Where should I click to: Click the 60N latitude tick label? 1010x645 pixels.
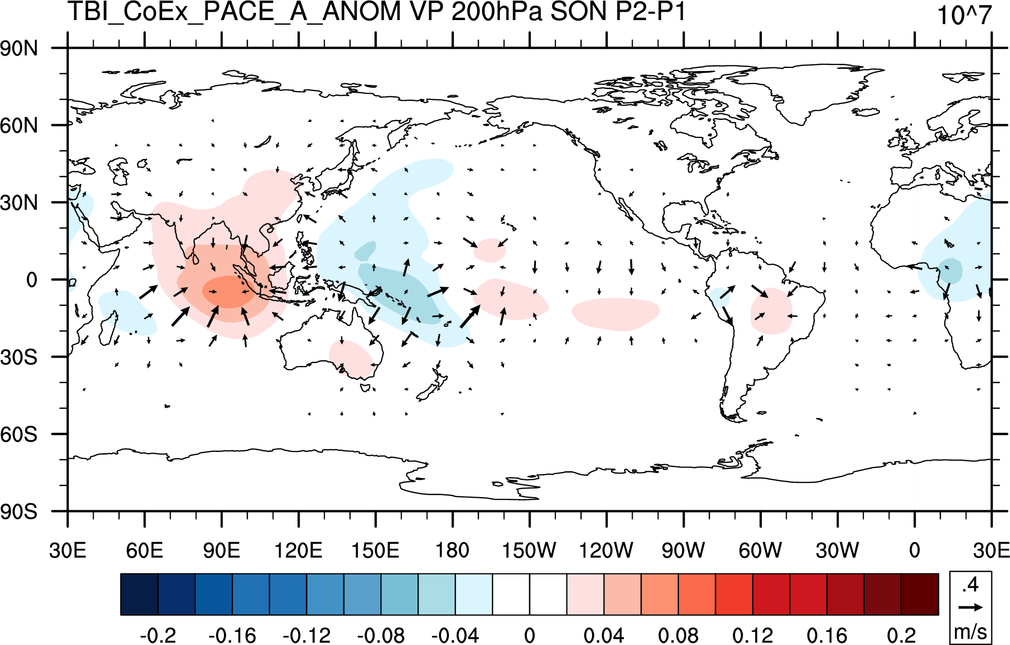pos(19,126)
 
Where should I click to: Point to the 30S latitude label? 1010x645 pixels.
pos(19,357)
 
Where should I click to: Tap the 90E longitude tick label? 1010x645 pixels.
pos(221,551)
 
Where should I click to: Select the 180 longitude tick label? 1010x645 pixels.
pos(452,551)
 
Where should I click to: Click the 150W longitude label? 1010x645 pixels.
pos(529,551)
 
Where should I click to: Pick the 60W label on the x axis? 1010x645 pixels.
pos(760,551)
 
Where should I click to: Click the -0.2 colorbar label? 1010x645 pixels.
pos(158,635)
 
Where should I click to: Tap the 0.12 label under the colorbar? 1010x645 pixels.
pos(753,635)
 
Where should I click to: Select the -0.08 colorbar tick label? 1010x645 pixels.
pos(381,635)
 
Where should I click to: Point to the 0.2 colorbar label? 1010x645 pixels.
pos(901,635)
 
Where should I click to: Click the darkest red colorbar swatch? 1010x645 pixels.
pos(920,594)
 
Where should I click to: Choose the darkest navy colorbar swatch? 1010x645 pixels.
pos(139,594)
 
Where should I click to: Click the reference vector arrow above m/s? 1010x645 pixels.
pos(970,607)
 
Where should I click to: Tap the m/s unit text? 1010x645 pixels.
pos(970,632)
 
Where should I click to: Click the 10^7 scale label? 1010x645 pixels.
pos(964,15)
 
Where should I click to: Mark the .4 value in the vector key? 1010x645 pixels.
pos(970,585)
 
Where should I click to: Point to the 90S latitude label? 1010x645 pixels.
pos(19,512)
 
